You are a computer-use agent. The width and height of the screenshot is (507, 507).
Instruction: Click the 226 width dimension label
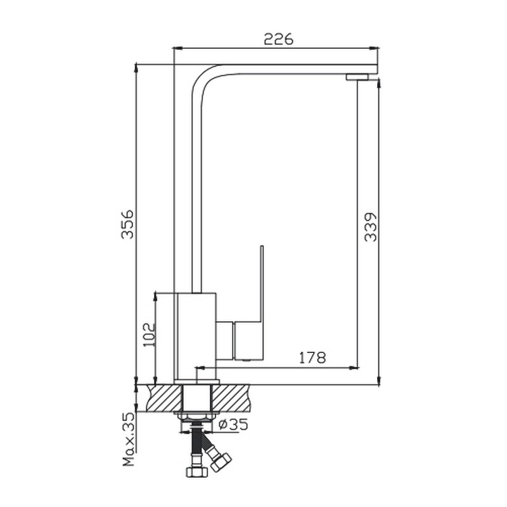(279, 39)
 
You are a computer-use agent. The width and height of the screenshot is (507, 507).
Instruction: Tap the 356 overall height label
(127, 224)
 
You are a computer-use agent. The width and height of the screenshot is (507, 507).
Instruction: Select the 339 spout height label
(371, 227)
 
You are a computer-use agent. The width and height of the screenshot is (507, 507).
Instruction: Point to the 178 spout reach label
(312, 357)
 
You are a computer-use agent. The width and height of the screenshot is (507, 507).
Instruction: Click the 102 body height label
(150, 335)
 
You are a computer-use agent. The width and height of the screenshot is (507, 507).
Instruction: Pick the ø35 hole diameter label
(233, 424)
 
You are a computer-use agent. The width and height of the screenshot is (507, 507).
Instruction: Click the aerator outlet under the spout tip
(357, 77)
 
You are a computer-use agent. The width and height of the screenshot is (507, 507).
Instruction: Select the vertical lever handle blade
(262, 284)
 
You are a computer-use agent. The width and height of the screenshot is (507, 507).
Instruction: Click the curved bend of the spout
(203, 75)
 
